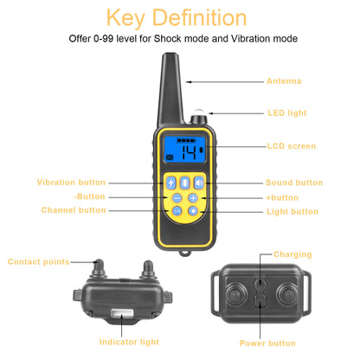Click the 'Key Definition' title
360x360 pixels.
179,16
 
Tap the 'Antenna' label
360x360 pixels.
284,81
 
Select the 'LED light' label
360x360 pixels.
286,112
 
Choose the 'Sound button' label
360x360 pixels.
293,183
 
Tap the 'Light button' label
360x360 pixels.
292,211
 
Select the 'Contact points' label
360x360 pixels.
38,261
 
